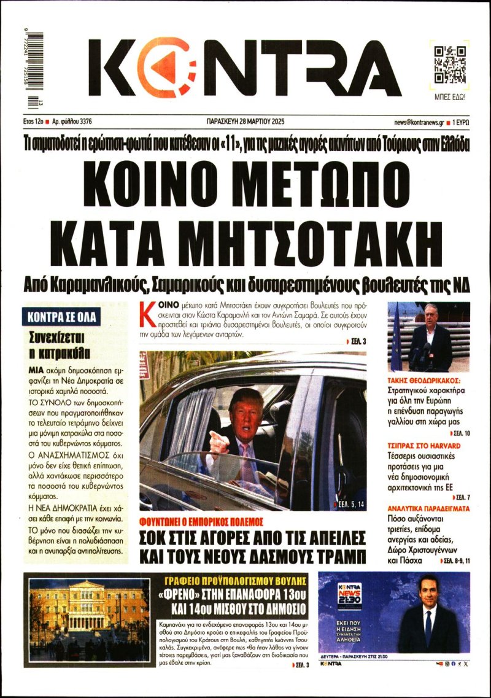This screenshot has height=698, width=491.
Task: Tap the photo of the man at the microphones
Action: (x=428, y=336)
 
